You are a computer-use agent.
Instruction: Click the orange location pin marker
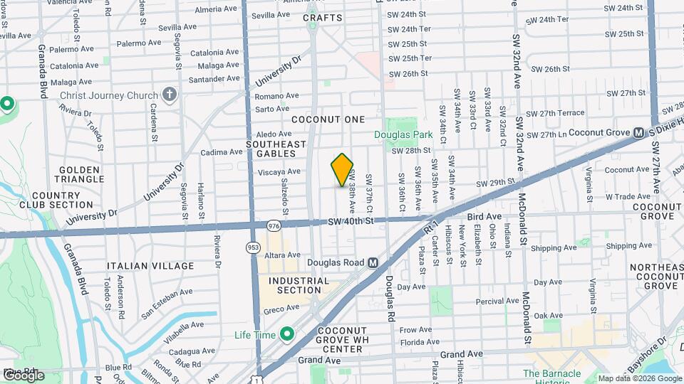point(343,170)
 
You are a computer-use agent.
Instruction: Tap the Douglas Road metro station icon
point(373,262)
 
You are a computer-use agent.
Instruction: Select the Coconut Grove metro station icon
point(639,133)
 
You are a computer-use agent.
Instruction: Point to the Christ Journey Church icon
point(169,95)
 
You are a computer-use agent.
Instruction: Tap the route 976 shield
point(274,225)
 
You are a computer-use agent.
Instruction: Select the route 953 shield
point(253,247)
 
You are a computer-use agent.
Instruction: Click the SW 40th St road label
point(351,221)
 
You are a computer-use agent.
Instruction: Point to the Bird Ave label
point(484,216)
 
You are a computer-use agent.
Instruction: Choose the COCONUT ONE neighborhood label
point(328,119)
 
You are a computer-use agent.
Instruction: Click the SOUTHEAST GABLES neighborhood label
point(276,149)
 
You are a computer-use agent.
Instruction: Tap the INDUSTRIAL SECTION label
point(299,285)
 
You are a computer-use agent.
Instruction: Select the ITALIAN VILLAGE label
point(150,266)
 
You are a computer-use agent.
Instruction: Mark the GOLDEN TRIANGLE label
point(78,175)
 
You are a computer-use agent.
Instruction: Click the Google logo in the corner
point(24,375)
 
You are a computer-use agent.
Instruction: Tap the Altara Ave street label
point(282,255)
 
